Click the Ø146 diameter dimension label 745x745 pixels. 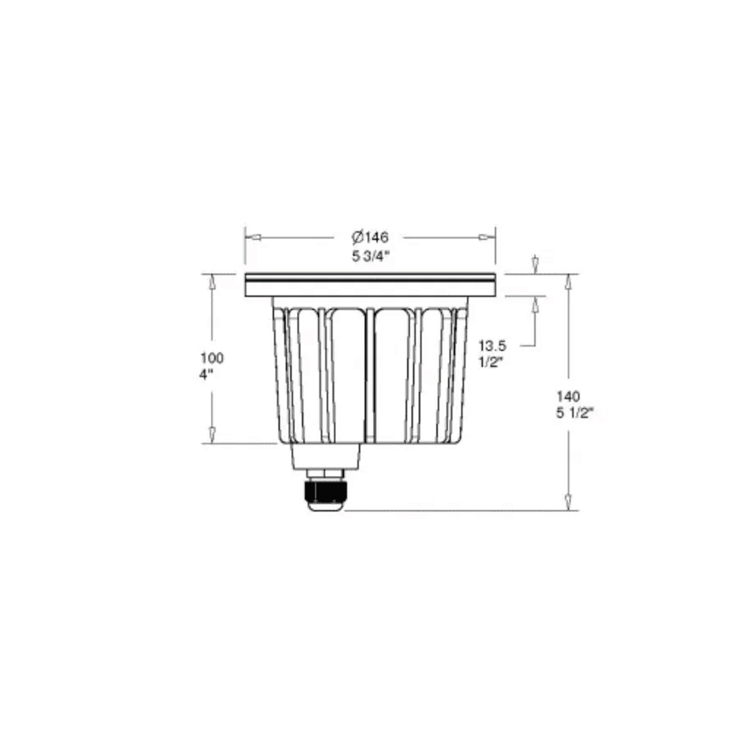pos(370,238)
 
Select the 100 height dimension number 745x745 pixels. pos(212,358)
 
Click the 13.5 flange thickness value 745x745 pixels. pos(492,346)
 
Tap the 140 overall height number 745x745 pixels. pos(568,396)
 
